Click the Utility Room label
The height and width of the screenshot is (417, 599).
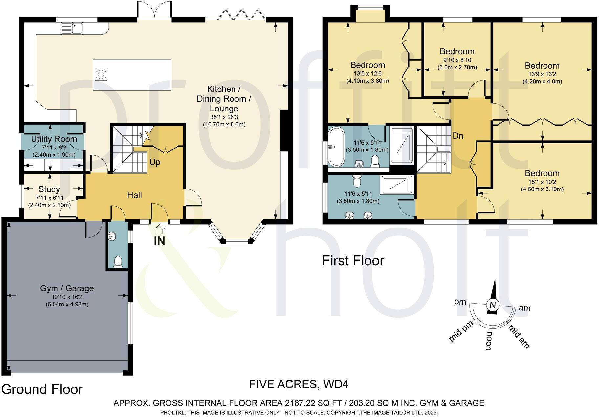click(x=54, y=139)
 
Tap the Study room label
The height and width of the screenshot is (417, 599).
click(x=49, y=189)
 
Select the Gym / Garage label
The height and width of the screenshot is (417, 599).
click(x=67, y=288)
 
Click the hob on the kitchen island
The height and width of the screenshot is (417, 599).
click(x=101, y=74)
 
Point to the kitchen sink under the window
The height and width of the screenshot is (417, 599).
click(x=72, y=27)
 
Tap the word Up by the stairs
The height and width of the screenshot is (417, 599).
click(x=155, y=162)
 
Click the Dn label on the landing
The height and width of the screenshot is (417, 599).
click(x=458, y=136)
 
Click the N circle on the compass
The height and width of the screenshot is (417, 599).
click(x=492, y=305)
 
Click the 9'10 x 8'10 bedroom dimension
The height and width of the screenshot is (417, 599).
click(x=457, y=60)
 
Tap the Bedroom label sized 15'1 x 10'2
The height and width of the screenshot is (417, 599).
click(x=542, y=173)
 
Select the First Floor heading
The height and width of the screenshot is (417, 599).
click(x=353, y=261)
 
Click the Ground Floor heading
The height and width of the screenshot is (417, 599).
click(x=42, y=389)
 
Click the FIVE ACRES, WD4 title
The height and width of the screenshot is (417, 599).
click(x=299, y=384)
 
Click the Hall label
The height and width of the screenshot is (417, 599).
click(x=134, y=195)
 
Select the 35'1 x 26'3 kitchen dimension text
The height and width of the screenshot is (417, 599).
click(x=224, y=117)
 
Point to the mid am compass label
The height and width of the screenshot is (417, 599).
click(x=519, y=336)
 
